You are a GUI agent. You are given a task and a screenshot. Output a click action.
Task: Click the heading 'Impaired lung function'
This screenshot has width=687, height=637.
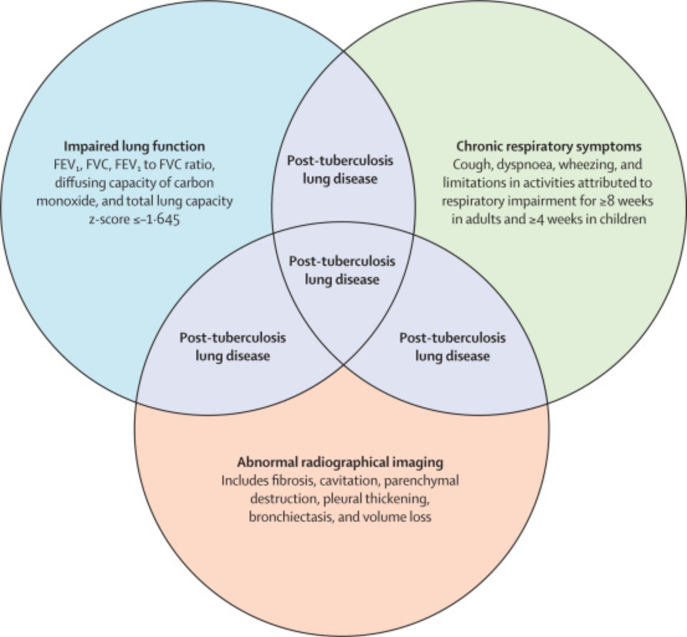(135, 147)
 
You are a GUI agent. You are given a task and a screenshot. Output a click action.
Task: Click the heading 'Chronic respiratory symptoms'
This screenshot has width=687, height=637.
(549, 147)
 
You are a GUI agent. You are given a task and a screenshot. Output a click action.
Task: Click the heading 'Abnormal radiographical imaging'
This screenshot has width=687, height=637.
(340, 462)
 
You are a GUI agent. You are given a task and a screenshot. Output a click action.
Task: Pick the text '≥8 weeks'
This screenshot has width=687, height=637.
(626, 201)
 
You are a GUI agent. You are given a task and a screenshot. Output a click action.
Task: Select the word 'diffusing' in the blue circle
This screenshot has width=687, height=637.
(80, 183)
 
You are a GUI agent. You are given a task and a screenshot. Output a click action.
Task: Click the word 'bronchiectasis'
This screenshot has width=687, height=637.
(291, 517)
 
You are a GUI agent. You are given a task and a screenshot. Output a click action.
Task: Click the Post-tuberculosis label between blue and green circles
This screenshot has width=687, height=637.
(340, 170)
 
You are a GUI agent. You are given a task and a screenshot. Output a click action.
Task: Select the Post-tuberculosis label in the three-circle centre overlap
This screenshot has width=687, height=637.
(342, 270)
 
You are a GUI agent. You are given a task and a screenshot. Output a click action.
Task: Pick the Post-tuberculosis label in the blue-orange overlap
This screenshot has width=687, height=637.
(233, 346)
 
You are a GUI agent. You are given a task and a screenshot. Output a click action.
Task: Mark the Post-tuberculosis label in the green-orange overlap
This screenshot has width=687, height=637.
(452, 346)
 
